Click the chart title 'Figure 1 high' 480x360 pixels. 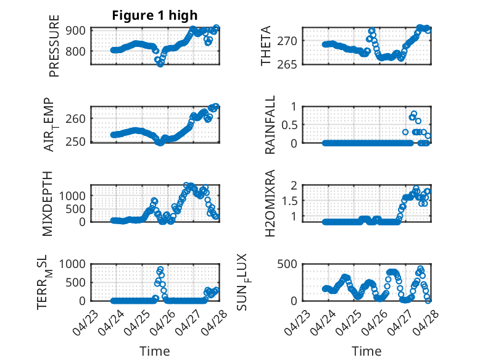155,16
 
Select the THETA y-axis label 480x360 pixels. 266,46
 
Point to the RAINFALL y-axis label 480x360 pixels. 270,125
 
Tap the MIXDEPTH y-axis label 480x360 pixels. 48,203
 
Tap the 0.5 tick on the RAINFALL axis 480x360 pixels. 290,125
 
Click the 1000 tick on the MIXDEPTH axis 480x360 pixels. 74,195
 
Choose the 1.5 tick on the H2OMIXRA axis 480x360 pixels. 290,201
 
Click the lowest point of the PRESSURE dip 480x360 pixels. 160,64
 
